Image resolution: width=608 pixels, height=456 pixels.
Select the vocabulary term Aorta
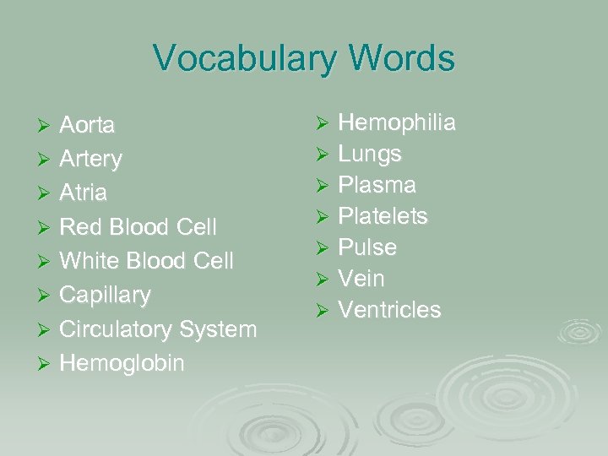pos(87,126)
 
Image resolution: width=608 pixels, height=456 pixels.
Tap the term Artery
pos(90,160)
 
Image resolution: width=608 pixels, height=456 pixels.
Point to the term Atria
pos(83,193)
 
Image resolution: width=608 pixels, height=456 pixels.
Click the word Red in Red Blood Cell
pos(79,227)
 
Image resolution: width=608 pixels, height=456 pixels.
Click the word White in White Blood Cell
pos(89,261)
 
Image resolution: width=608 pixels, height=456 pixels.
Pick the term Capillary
pos(105,296)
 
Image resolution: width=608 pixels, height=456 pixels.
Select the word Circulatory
pos(114,329)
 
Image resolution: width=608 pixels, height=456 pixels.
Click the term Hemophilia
pos(397,123)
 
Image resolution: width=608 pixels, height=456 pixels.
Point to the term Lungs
pos(370,155)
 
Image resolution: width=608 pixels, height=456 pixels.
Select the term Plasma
pos(377,185)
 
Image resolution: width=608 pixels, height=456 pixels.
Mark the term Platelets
pos(383,216)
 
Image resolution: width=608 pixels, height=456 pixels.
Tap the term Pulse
pos(367,247)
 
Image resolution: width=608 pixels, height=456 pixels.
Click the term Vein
pos(361,279)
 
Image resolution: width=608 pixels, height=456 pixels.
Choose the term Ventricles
pos(389,310)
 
